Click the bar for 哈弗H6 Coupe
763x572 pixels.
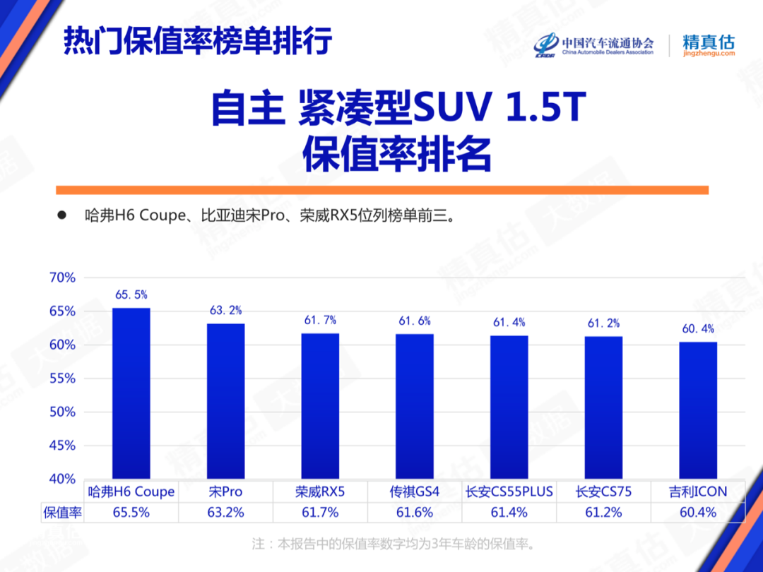[131, 393]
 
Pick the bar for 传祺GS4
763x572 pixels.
[415, 406]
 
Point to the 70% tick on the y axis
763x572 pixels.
[62, 278]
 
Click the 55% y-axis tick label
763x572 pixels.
[62, 379]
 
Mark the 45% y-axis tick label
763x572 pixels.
[62, 446]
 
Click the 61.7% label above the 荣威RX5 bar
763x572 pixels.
[320, 321]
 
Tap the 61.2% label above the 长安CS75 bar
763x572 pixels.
[603, 323]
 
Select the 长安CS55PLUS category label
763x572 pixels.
[509, 491]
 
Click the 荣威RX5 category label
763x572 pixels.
[320, 491]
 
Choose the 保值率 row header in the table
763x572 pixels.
[63, 513]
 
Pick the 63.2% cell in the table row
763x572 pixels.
[225, 513]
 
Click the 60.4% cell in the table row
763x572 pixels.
[698, 513]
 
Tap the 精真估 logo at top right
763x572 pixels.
[709, 44]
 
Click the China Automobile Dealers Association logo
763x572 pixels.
[594, 44]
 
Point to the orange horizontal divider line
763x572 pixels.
[381, 189]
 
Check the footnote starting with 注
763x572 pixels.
[393, 544]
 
